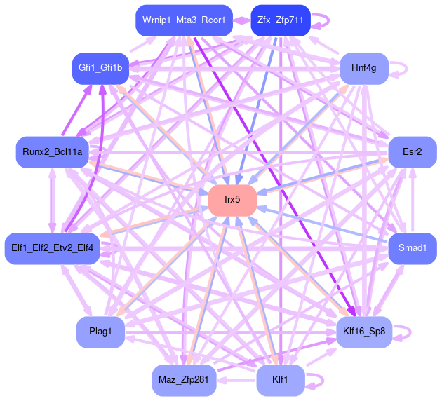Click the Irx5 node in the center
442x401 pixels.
[x=232, y=200]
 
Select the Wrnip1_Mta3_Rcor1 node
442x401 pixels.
[x=183, y=20]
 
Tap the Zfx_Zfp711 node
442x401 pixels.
[x=279, y=20]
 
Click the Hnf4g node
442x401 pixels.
[x=364, y=68]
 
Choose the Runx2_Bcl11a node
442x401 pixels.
[x=53, y=152]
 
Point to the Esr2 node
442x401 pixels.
[x=412, y=152]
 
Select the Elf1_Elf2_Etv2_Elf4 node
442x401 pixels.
[x=53, y=248]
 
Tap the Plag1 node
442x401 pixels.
[x=100, y=331]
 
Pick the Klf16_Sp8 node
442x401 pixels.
[x=364, y=331]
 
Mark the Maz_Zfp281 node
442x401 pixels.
[x=183, y=380]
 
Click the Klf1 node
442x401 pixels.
[x=281, y=380]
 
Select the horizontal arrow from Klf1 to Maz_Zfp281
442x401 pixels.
[x=236, y=380]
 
